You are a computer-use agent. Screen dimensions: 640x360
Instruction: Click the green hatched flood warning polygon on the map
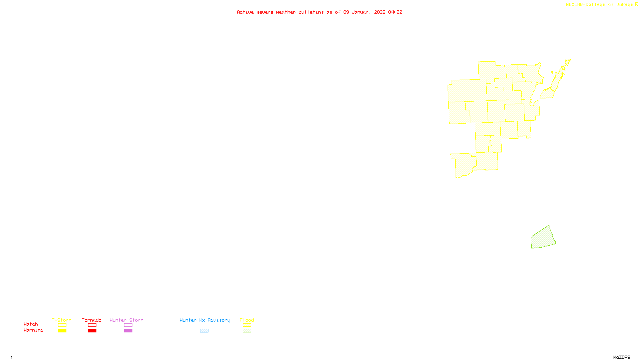point(543,238)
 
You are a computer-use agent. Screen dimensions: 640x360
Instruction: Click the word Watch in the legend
point(31,324)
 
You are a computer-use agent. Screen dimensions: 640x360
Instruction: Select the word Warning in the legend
point(34,330)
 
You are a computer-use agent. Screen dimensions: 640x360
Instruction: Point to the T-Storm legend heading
point(62,320)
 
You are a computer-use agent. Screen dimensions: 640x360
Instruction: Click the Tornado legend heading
point(92,320)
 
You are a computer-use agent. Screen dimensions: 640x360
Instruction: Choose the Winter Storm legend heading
point(126,320)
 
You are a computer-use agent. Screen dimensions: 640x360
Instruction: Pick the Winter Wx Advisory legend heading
point(205,320)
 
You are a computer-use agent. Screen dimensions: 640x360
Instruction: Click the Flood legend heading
point(247,320)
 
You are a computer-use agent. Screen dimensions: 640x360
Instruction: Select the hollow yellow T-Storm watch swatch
point(62,325)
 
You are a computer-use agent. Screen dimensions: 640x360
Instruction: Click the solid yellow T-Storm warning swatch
point(62,331)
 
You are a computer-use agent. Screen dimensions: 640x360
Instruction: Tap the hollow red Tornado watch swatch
point(92,325)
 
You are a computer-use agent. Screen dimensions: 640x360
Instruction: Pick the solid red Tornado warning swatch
point(92,331)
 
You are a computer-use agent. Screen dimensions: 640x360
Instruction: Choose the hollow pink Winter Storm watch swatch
point(128,325)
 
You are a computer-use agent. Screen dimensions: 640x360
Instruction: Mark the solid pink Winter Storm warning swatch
point(128,331)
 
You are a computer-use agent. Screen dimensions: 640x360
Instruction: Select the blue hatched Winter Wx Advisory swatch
point(204,331)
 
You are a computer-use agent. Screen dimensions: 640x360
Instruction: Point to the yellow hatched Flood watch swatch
point(247,325)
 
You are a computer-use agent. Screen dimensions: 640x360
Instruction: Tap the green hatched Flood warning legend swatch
point(247,331)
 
